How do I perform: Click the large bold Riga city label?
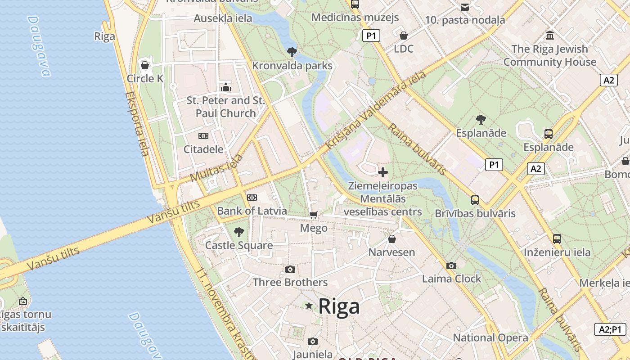[x=339, y=306]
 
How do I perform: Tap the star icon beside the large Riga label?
[x=309, y=306]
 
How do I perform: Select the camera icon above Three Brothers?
[x=290, y=269]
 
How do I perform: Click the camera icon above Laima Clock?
[x=451, y=265]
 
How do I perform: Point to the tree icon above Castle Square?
[x=239, y=232]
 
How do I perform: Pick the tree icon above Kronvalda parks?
[x=292, y=52]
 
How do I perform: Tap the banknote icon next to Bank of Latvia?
[x=252, y=198]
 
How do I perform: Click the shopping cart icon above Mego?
[x=314, y=215]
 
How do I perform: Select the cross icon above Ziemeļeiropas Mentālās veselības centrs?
[x=383, y=172]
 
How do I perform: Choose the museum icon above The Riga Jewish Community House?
[x=549, y=35]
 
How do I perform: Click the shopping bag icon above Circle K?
[x=145, y=65]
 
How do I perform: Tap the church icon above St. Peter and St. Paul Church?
[x=225, y=87]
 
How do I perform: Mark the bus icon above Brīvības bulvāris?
[x=475, y=200]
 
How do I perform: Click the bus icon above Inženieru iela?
[x=557, y=239]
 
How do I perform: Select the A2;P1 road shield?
[x=610, y=329]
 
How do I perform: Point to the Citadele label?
[x=203, y=149]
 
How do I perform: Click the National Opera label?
[x=490, y=337]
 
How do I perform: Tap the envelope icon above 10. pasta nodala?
[x=465, y=7]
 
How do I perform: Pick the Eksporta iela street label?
[x=137, y=124]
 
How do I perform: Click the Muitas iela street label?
[x=216, y=168]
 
